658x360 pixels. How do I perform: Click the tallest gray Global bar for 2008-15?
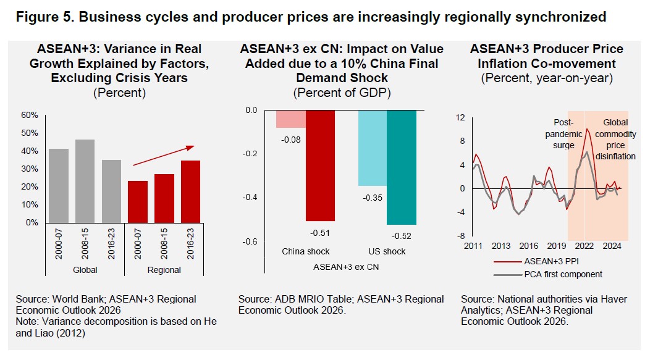coord(85,181)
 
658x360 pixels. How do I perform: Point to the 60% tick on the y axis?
coord(30,115)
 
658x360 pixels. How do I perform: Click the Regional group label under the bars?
coord(164,270)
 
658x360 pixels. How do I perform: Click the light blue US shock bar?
coord(372,148)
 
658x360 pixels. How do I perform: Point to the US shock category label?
coord(387,251)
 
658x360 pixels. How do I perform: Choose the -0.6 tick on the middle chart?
coord(250,241)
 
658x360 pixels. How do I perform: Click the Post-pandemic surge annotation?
coord(564,133)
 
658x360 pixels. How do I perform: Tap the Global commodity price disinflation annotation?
coord(615,140)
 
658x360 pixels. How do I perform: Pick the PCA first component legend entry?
coord(562,274)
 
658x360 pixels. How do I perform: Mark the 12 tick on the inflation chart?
coord(460,118)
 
